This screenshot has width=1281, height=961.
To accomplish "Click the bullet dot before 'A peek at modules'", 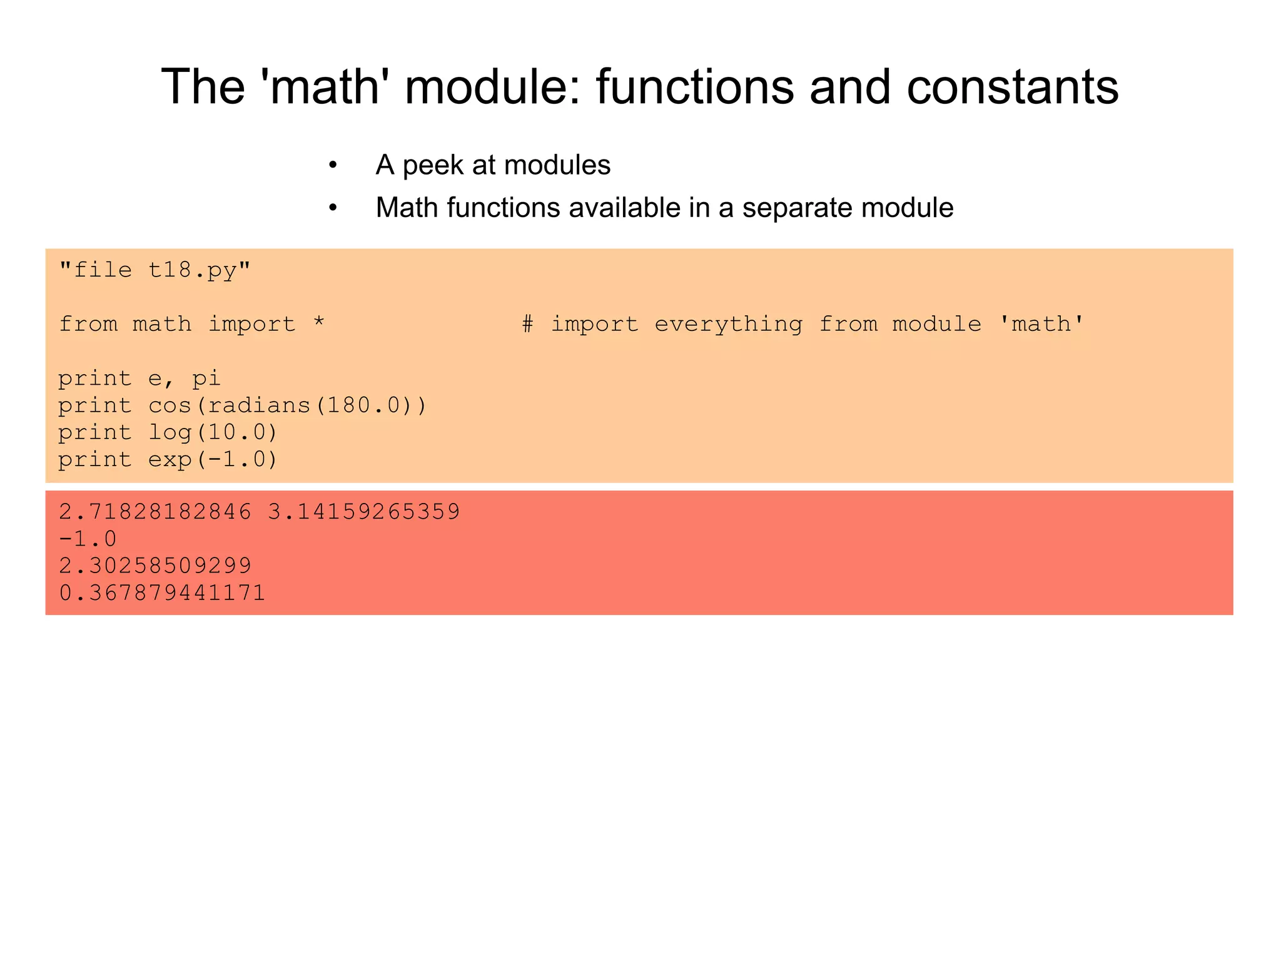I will click(x=333, y=166).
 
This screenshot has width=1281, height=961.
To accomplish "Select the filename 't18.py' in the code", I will click(x=192, y=270).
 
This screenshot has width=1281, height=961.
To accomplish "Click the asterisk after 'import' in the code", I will click(x=319, y=323).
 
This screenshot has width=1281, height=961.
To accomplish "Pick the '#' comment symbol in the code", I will click(x=528, y=324).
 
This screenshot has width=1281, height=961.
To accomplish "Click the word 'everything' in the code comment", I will click(x=728, y=324).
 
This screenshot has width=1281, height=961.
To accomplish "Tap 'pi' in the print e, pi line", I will click(x=206, y=379).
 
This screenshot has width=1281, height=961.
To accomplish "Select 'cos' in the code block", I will click(x=170, y=405).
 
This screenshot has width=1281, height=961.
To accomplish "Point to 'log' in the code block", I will click(x=170, y=432).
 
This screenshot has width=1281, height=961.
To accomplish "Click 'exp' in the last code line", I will click(x=170, y=460).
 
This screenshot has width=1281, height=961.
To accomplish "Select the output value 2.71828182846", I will click(x=155, y=512).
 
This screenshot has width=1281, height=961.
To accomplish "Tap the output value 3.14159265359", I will click(x=364, y=512).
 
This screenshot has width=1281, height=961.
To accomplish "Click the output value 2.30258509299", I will click(x=155, y=566).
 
